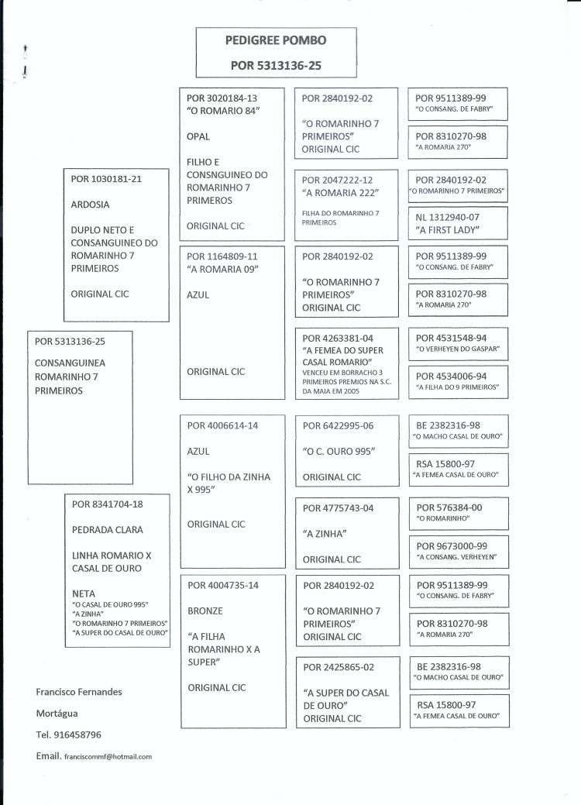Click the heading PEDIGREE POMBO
[x=275, y=40]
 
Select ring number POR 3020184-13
[x=222, y=98]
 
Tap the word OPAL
[x=199, y=136]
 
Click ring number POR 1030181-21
[x=106, y=178]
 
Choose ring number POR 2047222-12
[x=337, y=178]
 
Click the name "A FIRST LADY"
[x=448, y=230]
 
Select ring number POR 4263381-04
[x=337, y=337]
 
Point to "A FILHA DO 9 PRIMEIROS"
[x=457, y=387]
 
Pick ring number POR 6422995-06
[x=338, y=425]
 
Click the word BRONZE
[x=205, y=611]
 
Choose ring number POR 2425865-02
[x=338, y=667]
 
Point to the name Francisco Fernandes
[x=79, y=691]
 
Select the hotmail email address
[x=108, y=755]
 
